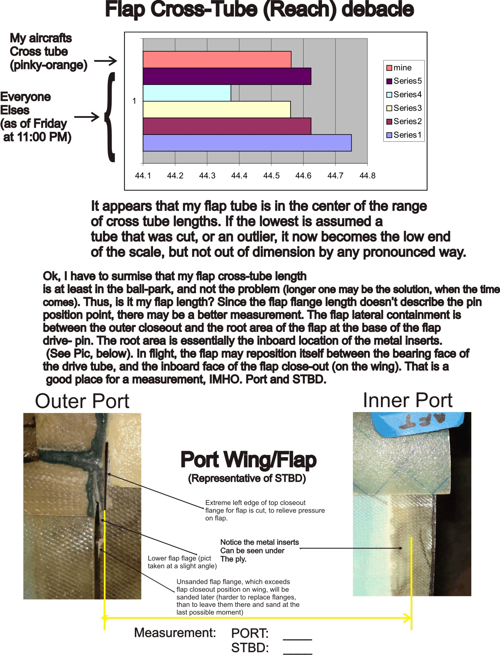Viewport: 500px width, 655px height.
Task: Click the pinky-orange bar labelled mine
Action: [217, 59]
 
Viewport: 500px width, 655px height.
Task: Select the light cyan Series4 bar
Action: [187, 93]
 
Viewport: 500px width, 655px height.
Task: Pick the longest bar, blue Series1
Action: [247, 143]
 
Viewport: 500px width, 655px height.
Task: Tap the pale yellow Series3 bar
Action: [217, 109]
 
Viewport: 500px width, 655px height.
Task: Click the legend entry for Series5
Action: [404, 81]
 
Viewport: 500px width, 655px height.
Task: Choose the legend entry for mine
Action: [399, 68]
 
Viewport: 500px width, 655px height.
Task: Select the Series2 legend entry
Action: [404, 121]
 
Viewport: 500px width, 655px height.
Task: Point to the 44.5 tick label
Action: [271, 176]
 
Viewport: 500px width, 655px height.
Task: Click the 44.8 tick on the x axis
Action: [367, 176]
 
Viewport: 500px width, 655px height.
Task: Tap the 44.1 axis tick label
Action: [143, 176]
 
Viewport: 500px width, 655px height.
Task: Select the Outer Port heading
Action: [82, 401]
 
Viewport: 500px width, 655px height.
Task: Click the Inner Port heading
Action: [407, 400]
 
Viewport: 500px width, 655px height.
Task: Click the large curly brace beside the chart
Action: [110, 117]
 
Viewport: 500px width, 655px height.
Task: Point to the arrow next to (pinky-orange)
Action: [105, 61]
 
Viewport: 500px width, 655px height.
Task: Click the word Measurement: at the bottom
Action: [175, 633]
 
